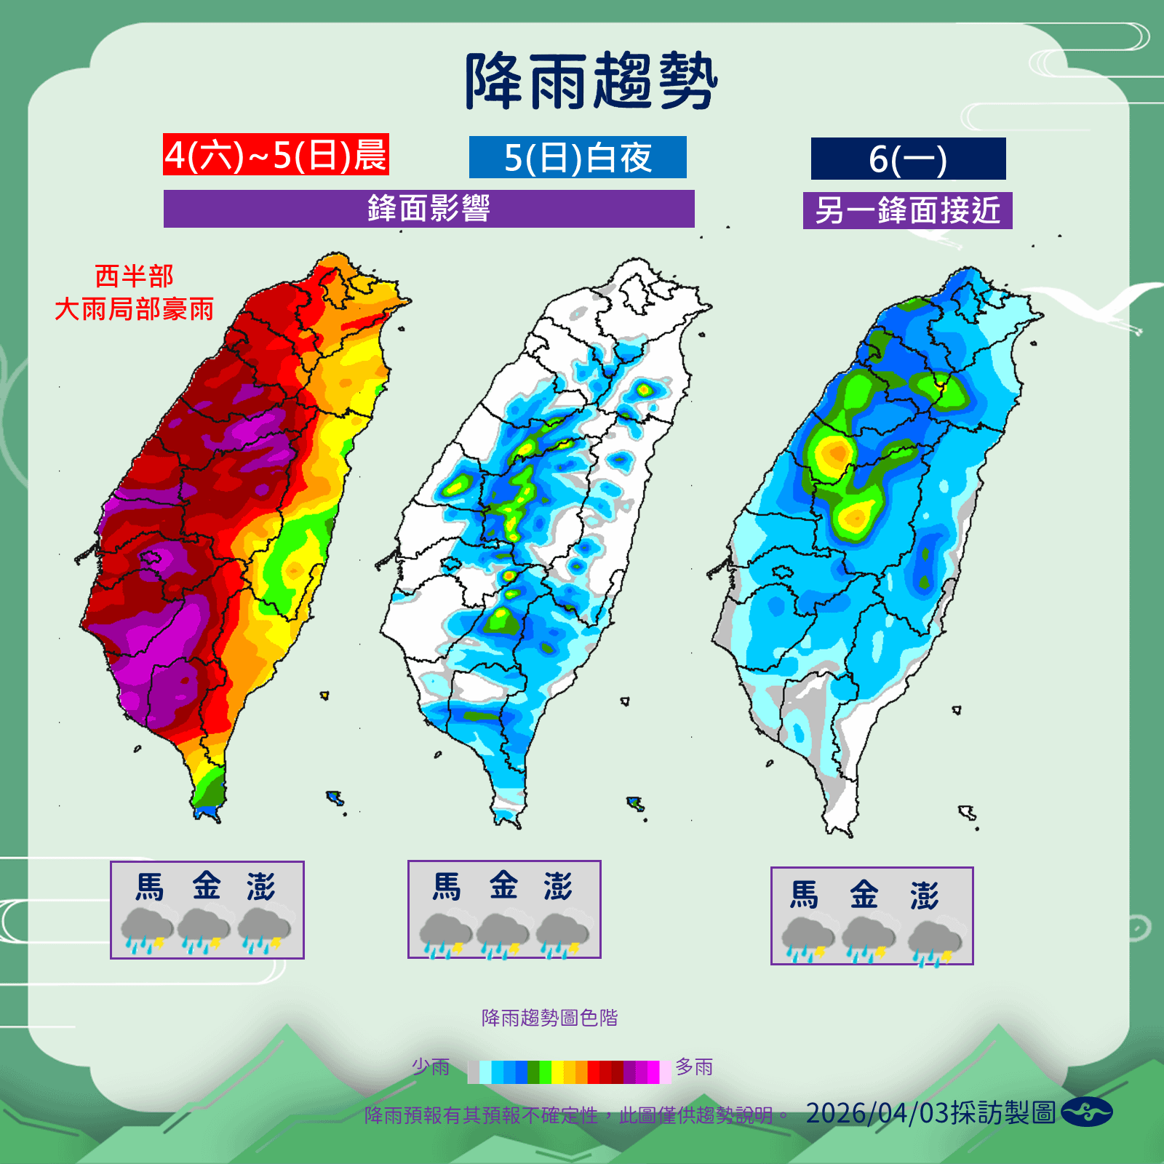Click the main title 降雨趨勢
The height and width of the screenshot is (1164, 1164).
[591, 81]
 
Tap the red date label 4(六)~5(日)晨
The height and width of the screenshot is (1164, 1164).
[276, 155]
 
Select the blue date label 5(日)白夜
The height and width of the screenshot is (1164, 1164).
[578, 158]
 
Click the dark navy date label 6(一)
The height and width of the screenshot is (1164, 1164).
[908, 159]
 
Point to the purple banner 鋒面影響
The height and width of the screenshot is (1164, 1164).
[428, 209]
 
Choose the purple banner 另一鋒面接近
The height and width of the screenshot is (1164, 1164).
[907, 211]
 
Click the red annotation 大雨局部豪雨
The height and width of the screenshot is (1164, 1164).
[135, 309]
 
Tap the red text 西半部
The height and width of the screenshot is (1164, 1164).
[135, 276]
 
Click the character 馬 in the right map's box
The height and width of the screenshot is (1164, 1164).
[805, 895]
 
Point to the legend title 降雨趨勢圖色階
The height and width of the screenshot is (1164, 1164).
[549, 1018]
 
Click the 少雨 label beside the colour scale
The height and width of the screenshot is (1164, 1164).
[431, 1067]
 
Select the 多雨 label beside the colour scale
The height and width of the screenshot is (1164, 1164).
[694, 1067]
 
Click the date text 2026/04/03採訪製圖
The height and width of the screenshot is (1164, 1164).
[930, 1113]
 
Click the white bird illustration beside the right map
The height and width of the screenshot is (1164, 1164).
[1099, 306]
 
